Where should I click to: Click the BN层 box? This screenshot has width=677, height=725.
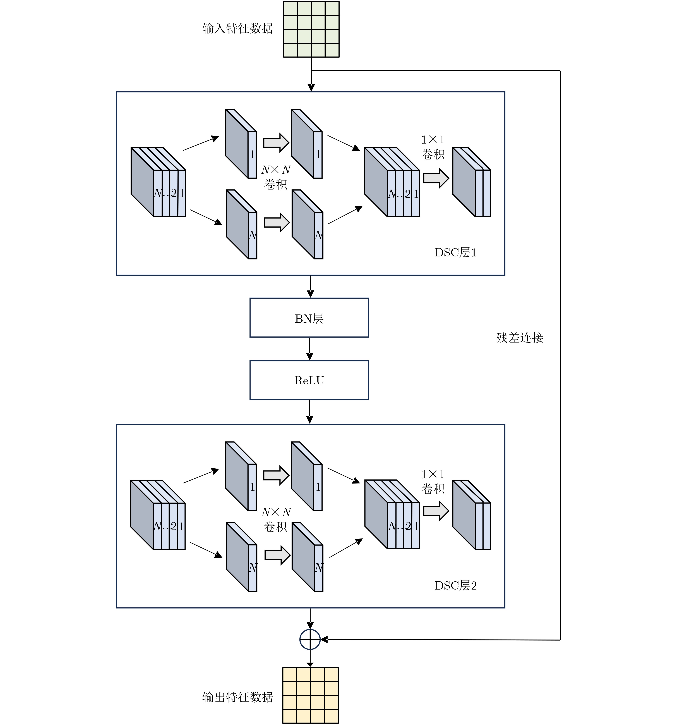pyautogui.click(x=309, y=318)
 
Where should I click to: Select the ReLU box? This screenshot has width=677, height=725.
pyautogui.click(x=309, y=380)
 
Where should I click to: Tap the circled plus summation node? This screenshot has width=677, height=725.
pyautogui.click(x=310, y=639)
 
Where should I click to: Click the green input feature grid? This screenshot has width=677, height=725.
pyautogui.click(x=311, y=29)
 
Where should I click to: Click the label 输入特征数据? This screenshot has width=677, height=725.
pyautogui.click(x=237, y=28)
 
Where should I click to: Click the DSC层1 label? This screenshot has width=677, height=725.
pyautogui.click(x=455, y=252)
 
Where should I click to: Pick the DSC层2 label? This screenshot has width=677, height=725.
pyautogui.click(x=455, y=585)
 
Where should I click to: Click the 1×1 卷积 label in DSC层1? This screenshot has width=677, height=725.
pyautogui.click(x=433, y=147)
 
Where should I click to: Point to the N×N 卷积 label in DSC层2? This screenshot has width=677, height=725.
pyautogui.click(x=276, y=519)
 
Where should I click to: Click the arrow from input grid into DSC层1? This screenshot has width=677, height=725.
pyautogui.click(x=311, y=78)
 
